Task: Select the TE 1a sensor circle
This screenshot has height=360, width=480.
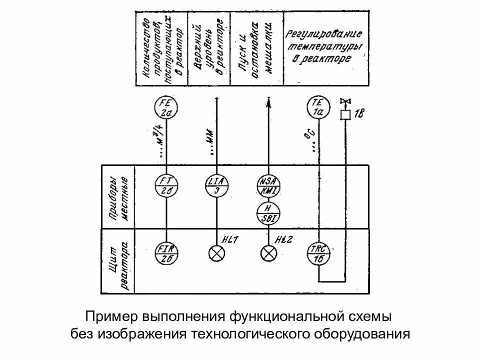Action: pos(318,107)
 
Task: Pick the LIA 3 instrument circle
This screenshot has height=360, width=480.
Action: pos(216,185)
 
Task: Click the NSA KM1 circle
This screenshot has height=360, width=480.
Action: pos(268,186)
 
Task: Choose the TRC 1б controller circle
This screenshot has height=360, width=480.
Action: pos(318,254)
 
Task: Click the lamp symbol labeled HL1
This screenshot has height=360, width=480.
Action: pos(216,253)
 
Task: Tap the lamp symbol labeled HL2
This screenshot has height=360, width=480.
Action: pos(268,253)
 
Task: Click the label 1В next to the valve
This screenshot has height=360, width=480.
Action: pos(359,115)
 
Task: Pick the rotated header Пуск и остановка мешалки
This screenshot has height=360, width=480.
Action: pos(256,47)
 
